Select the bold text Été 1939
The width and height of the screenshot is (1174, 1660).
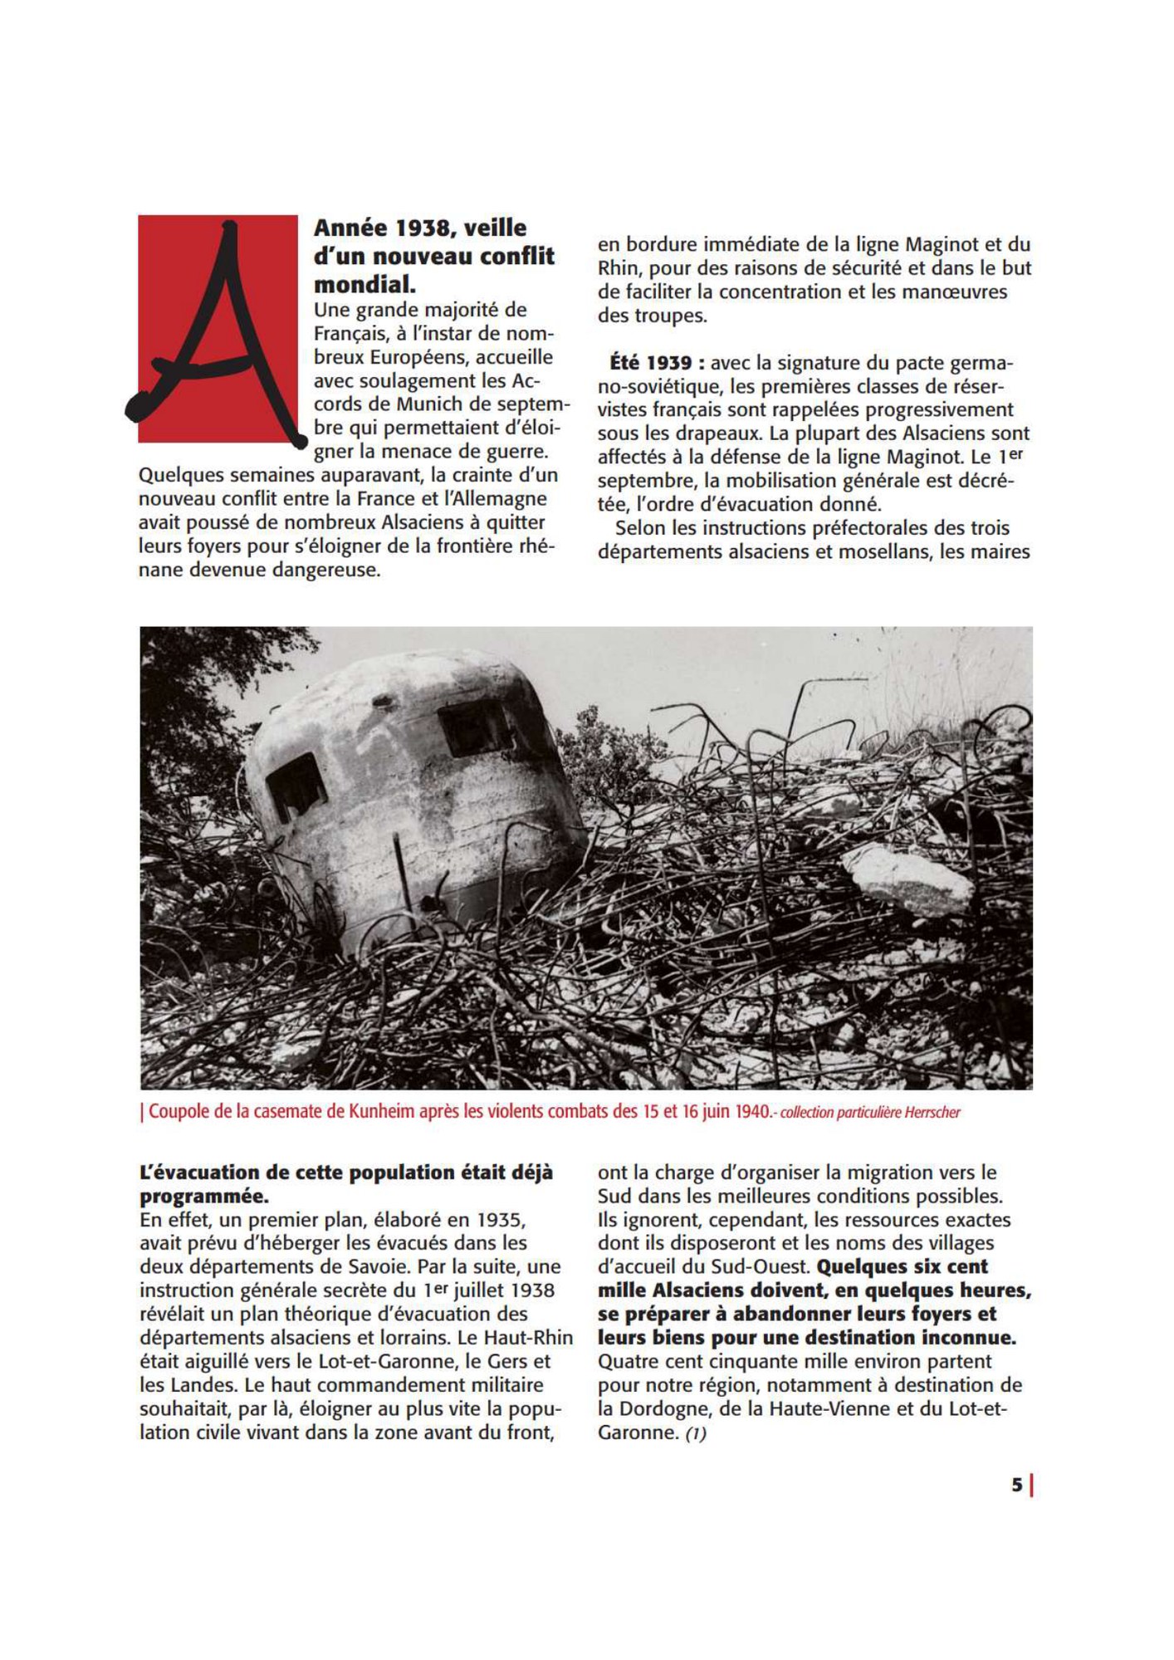pyautogui.click(x=651, y=363)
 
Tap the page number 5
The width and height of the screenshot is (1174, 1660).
pyautogui.click(x=1016, y=1485)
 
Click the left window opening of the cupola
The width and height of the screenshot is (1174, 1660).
pyautogui.click(x=295, y=785)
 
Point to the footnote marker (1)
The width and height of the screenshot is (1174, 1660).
pyautogui.click(x=696, y=1432)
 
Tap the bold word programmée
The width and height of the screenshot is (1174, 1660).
pyautogui.click(x=204, y=1196)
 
